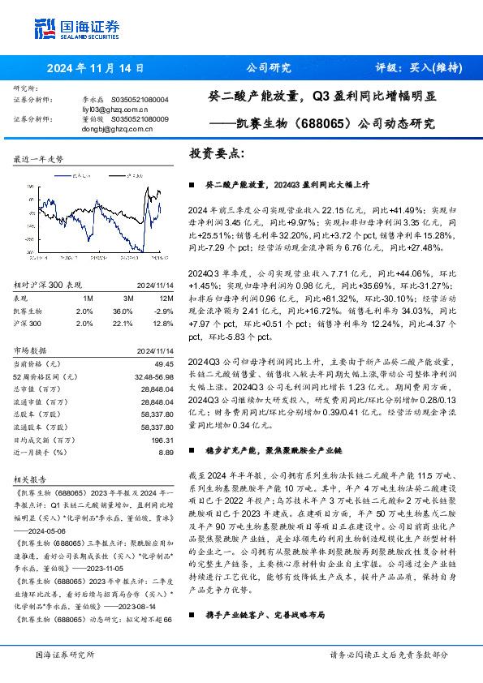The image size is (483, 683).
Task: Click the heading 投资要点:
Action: coord(216,152)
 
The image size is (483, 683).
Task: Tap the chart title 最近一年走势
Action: coord(38,160)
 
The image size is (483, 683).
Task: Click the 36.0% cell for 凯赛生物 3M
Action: coord(122,311)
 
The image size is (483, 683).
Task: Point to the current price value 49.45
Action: coord(163,366)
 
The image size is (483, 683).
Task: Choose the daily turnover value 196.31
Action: coord(162,440)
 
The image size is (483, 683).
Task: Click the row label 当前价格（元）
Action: coord(41,366)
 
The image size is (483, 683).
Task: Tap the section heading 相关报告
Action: coord(30,479)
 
